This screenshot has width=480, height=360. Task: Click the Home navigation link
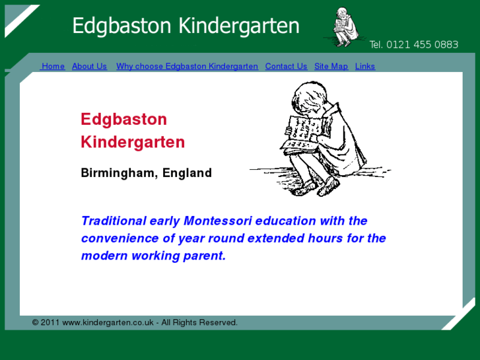tap(53, 66)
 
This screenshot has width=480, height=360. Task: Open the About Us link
tap(89, 66)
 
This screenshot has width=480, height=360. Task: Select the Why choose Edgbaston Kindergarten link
tap(187, 66)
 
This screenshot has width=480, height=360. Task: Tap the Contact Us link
tap(286, 66)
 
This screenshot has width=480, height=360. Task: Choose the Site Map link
tap(331, 66)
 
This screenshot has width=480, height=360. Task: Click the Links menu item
tap(364, 66)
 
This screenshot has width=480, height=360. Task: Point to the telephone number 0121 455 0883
tap(422, 45)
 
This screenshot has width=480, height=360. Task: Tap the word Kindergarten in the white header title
tap(239, 26)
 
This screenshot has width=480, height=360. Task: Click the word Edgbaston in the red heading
tap(123, 120)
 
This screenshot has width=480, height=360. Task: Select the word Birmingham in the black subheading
tap(118, 173)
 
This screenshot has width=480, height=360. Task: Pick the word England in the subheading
tap(187, 173)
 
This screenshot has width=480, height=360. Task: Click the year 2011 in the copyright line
tap(50, 322)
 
